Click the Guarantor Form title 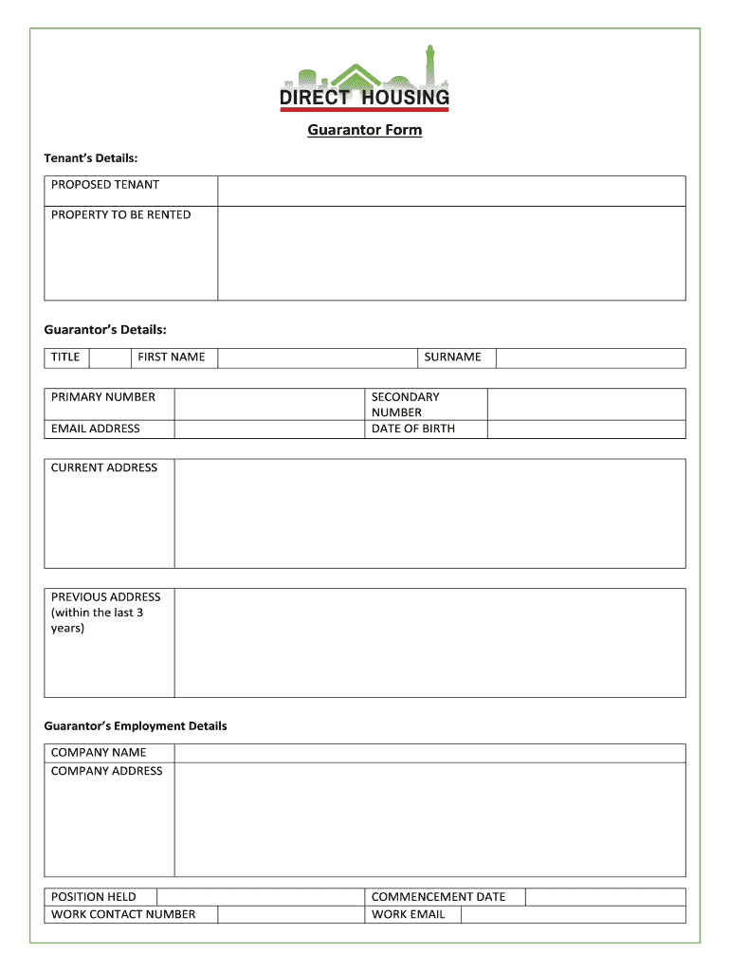364,130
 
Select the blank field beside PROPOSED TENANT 451,190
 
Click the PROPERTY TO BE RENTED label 120,215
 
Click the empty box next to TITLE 108,357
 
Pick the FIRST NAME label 172,357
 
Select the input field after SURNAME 590,357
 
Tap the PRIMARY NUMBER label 103,397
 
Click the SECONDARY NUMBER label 405,405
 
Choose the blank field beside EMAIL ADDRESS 270,429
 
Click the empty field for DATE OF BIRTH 586,429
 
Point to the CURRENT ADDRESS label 104,467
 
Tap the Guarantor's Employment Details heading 136,726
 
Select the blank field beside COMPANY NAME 429,753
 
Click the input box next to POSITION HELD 261,897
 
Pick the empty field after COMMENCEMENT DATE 605,897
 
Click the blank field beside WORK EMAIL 572,914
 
